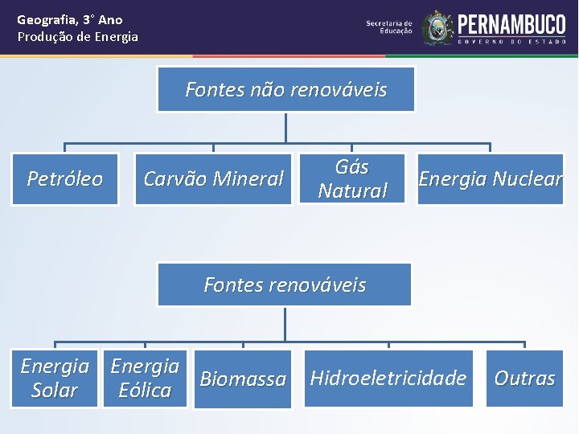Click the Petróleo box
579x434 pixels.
(65, 178)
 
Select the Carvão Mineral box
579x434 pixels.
(213, 178)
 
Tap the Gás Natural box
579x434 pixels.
(352, 178)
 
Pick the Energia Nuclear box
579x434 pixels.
(491, 178)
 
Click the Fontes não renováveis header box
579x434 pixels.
(286, 89)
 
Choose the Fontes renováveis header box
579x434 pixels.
(285, 285)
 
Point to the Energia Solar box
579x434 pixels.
(54, 379)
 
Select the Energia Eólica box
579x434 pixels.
(145, 379)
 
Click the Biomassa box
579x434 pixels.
(243, 379)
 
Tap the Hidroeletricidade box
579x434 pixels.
(388, 378)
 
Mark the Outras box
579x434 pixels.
(524, 378)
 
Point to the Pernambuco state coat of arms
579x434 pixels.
(438, 27)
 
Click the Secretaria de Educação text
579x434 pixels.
(389, 27)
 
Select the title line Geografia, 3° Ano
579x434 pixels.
(70, 19)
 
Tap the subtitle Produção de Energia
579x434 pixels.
(78, 37)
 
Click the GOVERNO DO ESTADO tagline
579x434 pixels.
(511, 41)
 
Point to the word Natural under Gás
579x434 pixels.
(352, 190)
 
